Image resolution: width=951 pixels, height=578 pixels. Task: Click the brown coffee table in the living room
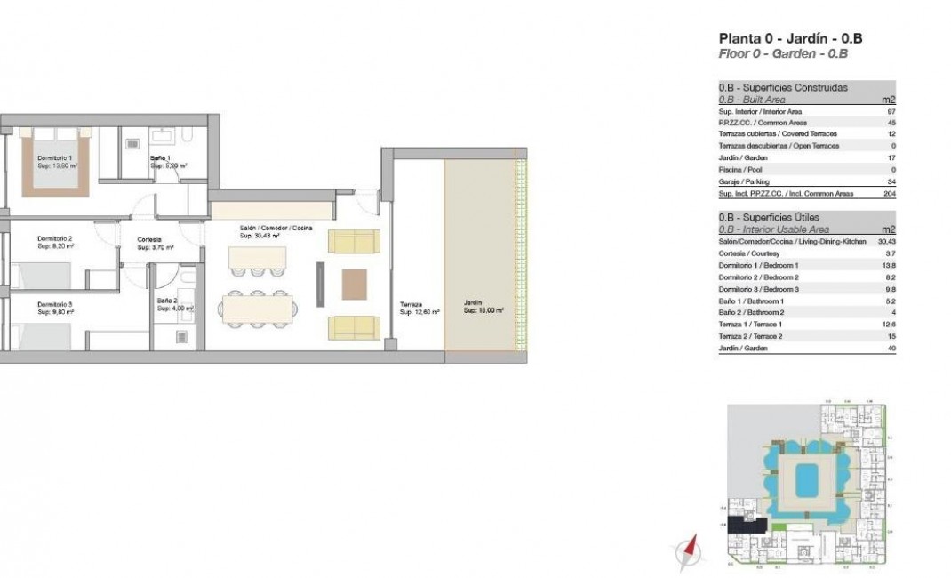pyautogui.click(x=354, y=284)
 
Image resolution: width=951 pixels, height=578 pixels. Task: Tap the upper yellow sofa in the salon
pyautogui.click(x=354, y=241)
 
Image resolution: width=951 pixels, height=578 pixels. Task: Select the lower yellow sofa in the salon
pyautogui.click(x=354, y=327)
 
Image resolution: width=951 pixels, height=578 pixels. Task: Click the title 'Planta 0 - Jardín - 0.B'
pyautogui.click(x=790, y=38)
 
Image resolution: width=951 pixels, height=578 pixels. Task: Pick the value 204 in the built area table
pyautogui.click(x=890, y=193)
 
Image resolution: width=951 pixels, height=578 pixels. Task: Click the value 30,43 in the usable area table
pyautogui.click(x=885, y=242)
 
